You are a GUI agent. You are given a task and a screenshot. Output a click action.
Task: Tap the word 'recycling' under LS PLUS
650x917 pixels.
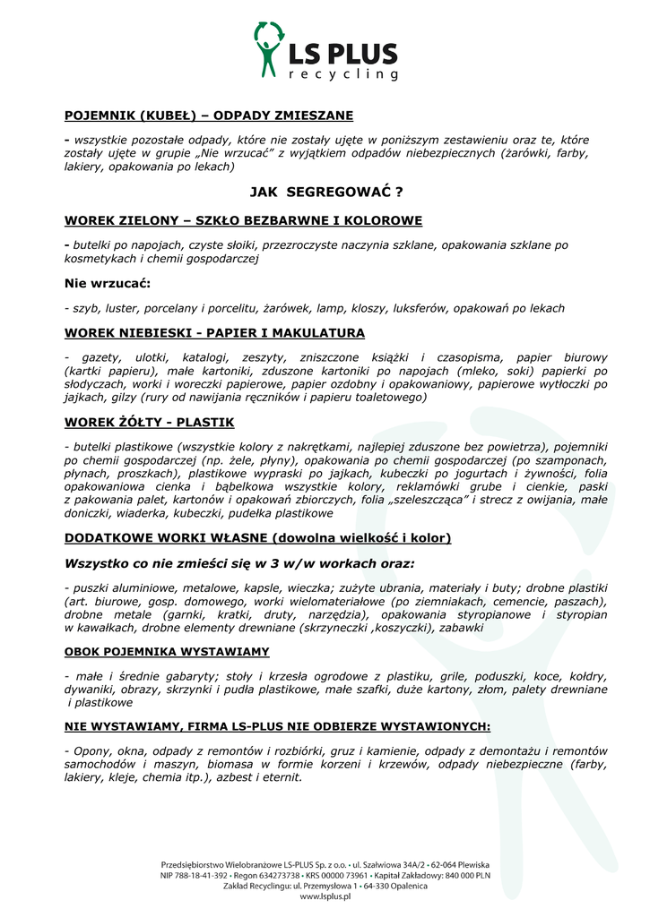click(x=342, y=74)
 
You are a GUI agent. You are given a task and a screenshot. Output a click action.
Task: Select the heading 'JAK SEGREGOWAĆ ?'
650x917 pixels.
click(x=325, y=192)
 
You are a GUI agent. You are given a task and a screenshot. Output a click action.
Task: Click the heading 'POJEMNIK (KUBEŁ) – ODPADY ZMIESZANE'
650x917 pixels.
click(x=209, y=116)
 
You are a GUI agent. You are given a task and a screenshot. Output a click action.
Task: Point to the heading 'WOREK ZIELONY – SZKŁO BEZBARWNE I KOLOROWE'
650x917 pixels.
click(x=230, y=220)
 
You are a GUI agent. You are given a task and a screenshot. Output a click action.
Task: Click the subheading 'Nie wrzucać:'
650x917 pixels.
click(x=108, y=284)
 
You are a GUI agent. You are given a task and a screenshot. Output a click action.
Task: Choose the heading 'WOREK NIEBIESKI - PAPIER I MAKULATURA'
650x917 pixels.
click(x=214, y=333)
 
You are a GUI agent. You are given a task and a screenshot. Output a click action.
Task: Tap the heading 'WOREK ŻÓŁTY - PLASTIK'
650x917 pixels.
click(x=149, y=422)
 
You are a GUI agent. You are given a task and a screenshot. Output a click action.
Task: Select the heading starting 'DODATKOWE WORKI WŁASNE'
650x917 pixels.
click(x=257, y=538)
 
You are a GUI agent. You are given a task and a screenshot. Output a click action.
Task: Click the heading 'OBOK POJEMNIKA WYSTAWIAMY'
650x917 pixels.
click(x=167, y=651)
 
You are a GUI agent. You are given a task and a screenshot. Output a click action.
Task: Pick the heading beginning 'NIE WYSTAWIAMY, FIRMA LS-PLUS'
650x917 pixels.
click(x=277, y=726)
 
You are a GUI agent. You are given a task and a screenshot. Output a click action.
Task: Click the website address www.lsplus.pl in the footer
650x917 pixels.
click(x=325, y=896)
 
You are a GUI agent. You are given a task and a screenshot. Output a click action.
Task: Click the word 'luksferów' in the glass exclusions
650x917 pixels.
click(x=418, y=308)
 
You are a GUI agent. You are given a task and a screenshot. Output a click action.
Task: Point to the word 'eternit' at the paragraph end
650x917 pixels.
click(x=279, y=777)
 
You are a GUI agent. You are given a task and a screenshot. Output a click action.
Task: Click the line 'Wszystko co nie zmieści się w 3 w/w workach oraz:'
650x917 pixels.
click(x=239, y=564)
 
